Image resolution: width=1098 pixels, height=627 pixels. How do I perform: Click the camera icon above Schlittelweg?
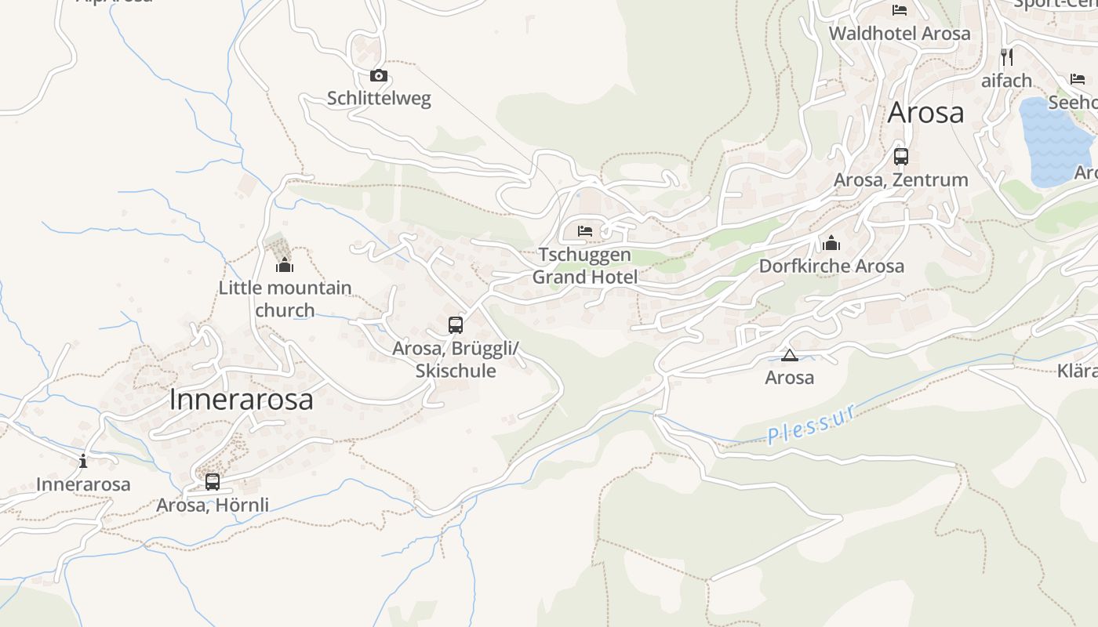[x=379, y=76]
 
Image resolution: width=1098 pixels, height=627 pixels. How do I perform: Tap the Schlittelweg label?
[x=379, y=99]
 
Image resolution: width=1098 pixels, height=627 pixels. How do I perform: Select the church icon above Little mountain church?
[x=285, y=265]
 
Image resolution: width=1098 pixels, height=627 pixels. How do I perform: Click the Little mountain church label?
[x=285, y=299]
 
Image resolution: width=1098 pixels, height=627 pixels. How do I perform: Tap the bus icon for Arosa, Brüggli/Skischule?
[x=456, y=324]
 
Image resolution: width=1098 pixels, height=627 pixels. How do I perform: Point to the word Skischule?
[x=456, y=371]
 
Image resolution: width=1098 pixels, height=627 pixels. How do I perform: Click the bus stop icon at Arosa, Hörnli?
[x=213, y=481]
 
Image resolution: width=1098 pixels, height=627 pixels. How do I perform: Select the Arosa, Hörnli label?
[x=213, y=506]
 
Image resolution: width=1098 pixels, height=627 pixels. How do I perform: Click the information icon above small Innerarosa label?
[x=83, y=461]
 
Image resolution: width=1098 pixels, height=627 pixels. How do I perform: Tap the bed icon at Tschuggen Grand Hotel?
[x=585, y=231]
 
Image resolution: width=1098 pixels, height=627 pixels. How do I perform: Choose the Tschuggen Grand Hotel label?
[x=585, y=266]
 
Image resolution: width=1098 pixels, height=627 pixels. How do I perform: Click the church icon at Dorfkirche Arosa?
[x=831, y=243]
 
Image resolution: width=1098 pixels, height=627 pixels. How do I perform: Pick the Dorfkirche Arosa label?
[x=831, y=266]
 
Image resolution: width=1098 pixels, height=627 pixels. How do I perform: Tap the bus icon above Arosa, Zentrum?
[x=901, y=156]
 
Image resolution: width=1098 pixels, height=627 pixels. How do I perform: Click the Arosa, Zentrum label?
[x=901, y=180]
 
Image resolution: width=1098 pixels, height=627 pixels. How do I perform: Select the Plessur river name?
[x=811, y=425]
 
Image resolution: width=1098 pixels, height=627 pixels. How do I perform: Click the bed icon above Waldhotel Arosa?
[x=900, y=10]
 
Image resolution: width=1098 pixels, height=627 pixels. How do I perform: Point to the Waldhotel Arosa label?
[x=900, y=34]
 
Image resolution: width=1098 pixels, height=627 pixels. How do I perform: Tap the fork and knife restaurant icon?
[x=1007, y=56]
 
